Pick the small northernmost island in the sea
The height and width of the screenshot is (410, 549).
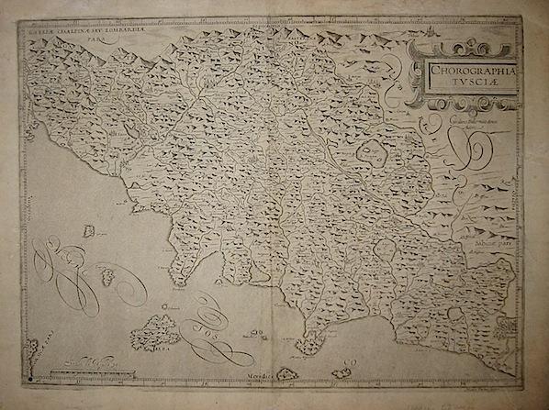tap(89, 230)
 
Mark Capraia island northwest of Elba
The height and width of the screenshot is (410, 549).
tap(106, 274)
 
